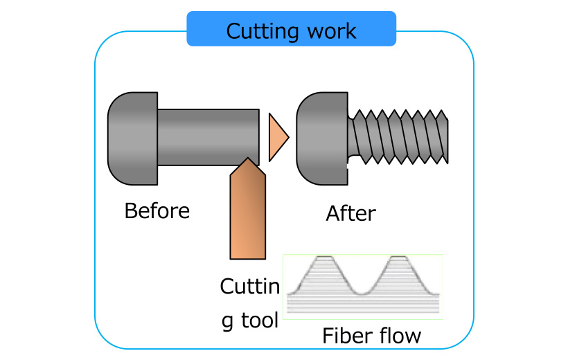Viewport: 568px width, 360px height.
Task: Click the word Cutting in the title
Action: pyautogui.click(x=262, y=31)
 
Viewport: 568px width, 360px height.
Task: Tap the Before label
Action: pyautogui.click(x=157, y=210)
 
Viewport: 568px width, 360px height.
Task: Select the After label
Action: pyautogui.click(x=350, y=213)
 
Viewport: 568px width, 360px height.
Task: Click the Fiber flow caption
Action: pyautogui.click(x=371, y=336)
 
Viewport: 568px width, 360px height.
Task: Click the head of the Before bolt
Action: pyautogui.click(x=132, y=139)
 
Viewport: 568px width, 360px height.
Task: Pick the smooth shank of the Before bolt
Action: pyautogui.click(x=208, y=137)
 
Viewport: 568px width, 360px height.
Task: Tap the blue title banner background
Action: pyautogui.click(x=201, y=29)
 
